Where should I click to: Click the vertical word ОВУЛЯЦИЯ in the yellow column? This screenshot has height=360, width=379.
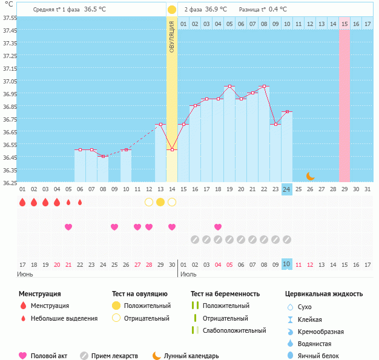pos(172,37)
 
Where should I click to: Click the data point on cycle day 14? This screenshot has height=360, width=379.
pos(172,149)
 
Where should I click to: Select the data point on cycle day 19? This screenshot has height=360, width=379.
pos(229,87)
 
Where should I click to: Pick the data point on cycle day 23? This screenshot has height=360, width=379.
pos(275,124)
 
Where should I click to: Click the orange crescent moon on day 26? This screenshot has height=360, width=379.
pos(310,175)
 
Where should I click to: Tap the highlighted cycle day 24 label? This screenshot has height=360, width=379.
pos(287,189)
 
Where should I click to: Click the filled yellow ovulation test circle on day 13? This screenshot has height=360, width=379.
pos(160,201)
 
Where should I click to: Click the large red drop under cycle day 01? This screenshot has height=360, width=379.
pos(22,201)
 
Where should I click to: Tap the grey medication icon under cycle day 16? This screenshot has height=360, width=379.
pos(195,240)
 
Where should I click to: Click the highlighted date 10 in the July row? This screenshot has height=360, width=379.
pos(287,264)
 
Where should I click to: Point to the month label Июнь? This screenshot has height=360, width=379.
pos(25,274)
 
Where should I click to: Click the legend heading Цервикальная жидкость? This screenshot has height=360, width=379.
pos(324,294)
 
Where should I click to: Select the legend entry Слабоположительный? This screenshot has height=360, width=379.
pos(235,330)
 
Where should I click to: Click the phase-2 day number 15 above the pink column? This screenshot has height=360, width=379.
pos(344,24)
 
